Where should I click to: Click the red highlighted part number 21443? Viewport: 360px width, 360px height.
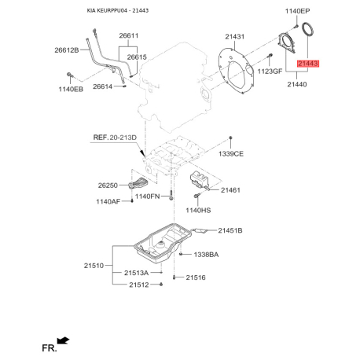point(308,64)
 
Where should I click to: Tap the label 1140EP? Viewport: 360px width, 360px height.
point(297,11)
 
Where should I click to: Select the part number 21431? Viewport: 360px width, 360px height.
point(234,37)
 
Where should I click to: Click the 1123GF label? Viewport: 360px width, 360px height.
point(270,71)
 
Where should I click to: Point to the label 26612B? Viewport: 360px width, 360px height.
point(67,50)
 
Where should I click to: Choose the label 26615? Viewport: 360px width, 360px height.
point(137,57)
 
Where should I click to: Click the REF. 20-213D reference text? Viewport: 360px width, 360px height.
point(115,138)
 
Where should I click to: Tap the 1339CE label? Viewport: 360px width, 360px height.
point(231,154)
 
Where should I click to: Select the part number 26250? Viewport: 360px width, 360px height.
point(108,186)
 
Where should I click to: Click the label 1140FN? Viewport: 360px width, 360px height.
point(147,197)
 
